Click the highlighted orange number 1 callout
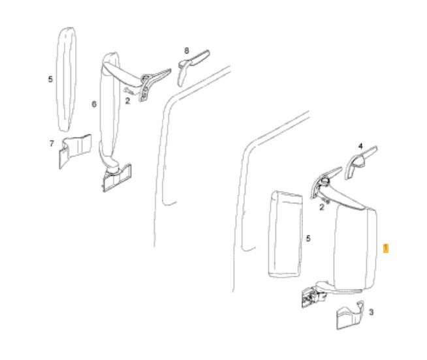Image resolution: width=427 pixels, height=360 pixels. (386, 248)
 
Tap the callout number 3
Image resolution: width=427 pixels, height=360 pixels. (371, 312)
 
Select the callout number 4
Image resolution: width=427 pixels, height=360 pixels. (360, 146)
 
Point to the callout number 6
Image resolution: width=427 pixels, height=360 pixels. (94, 104)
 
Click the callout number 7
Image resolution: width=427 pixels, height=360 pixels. (52, 143)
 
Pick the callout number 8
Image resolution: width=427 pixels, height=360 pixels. (187, 51)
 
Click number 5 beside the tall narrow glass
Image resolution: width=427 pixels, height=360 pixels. (50, 80)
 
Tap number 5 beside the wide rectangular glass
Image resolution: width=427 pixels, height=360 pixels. (308, 239)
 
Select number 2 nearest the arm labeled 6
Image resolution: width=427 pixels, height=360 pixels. (127, 101)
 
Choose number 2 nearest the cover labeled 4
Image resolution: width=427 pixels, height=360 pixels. (322, 207)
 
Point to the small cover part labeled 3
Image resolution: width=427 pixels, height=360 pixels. (350, 316)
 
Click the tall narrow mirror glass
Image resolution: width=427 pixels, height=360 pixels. (66, 80)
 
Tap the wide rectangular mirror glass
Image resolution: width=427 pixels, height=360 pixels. (285, 234)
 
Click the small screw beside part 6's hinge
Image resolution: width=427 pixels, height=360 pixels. (129, 91)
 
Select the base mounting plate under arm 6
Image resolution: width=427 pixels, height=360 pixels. (117, 178)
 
